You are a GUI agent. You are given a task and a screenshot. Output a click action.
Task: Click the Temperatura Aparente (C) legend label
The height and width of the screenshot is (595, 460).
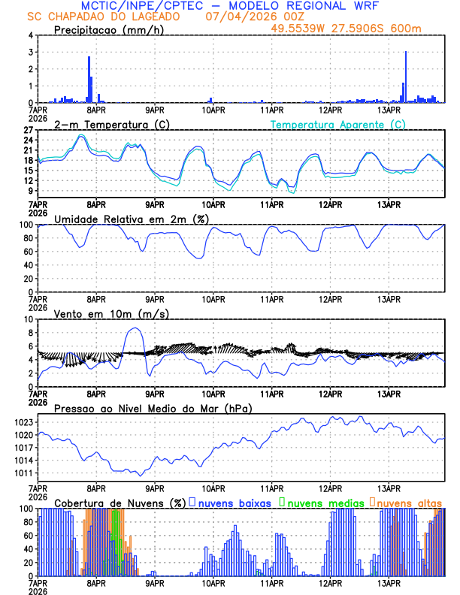click(x=337, y=124)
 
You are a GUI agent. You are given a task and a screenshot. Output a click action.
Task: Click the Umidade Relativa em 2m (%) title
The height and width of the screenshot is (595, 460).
click(x=130, y=219)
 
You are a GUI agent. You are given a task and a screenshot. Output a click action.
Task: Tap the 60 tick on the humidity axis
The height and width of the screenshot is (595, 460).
click(x=28, y=252)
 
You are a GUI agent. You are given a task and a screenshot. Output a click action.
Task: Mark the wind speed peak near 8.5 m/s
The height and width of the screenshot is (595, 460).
click(x=135, y=328)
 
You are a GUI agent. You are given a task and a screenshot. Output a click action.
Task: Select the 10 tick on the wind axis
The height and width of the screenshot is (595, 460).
click(x=28, y=319)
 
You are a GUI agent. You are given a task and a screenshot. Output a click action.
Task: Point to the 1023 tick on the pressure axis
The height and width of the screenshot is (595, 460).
click(x=23, y=422)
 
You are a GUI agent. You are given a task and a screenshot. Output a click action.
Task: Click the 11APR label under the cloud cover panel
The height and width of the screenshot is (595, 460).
click(x=271, y=583)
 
